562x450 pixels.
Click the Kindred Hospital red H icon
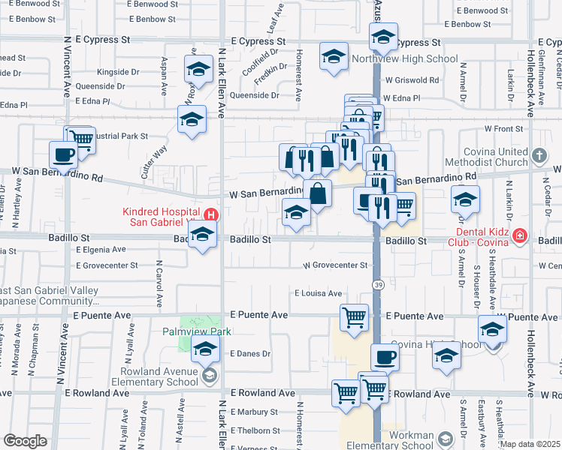[x=212, y=214]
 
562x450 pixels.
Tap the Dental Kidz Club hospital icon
[x=519, y=238]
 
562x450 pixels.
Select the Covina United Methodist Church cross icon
[x=538, y=156]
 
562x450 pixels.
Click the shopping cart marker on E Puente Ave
[x=354, y=316]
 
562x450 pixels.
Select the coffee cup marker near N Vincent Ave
[x=64, y=155]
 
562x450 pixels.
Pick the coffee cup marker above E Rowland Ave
[x=385, y=356]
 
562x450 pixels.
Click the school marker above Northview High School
[x=383, y=37]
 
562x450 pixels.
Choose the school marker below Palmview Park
[x=205, y=349]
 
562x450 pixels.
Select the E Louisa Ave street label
[x=318, y=293]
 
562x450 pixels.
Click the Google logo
[x=25, y=441]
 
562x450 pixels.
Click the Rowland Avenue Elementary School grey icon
[x=210, y=376]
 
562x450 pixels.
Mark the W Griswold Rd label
[x=411, y=80]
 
